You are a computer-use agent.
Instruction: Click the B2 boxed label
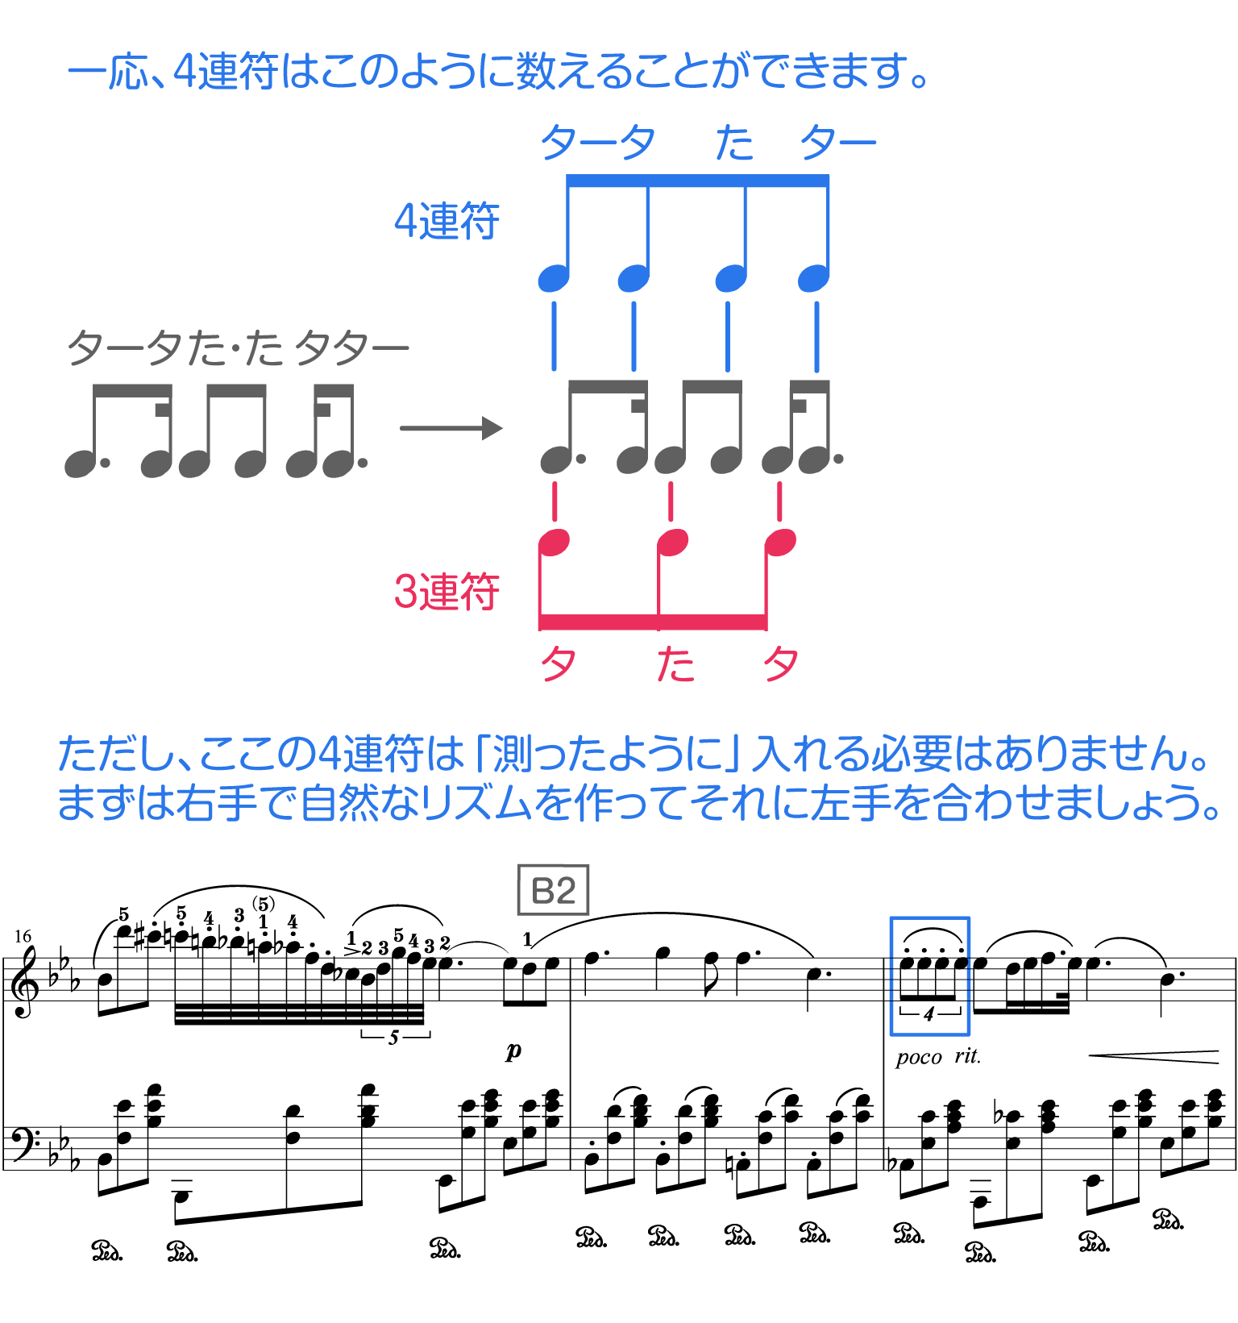tap(553, 890)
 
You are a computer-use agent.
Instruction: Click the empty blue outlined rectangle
tap(929, 976)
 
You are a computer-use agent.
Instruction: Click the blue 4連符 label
tap(447, 221)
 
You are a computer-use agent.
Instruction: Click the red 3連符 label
tap(447, 591)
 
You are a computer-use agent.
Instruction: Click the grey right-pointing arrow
tap(453, 428)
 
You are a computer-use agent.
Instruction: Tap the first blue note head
tap(553, 279)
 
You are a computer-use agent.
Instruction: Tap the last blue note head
tap(812, 279)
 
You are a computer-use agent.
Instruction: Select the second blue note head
tap(633, 279)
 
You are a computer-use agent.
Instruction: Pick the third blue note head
tap(730, 279)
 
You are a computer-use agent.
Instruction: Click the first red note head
tap(554, 543)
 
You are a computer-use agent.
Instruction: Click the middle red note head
tap(672, 543)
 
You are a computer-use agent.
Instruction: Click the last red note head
tap(780, 543)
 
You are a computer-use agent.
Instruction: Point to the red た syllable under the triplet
tap(675, 665)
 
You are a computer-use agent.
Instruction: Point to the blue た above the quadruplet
tap(734, 144)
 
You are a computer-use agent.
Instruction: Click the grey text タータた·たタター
tap(238, 349)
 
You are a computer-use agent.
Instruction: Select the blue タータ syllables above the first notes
tap(597, 144)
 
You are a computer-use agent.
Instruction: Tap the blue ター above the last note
tap(838, 144)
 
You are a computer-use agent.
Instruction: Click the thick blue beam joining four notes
tap(697, 181)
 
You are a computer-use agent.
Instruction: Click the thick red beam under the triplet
tap(652, 622)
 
